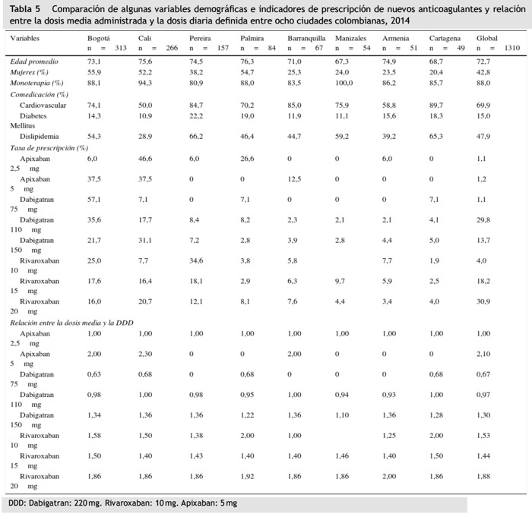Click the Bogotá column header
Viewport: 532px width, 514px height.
(x=99, y=37)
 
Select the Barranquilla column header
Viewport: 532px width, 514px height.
(x=306, y=37)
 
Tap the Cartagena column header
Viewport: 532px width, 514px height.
(x=444, y=37)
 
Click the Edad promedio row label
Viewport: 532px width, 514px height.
(x=34, y=61)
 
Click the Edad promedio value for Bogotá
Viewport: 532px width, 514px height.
(x=94, y=61)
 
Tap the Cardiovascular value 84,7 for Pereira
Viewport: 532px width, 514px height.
(x=196, y=105)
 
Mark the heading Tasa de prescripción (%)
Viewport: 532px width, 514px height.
(x=49, y=147)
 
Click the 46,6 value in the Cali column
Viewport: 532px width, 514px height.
(x=145, y=159)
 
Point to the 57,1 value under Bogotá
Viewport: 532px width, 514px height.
(x=94, y=199)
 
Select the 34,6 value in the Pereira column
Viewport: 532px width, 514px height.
(x=196, y=260)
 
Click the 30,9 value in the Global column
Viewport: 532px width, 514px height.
(x=483, y=301)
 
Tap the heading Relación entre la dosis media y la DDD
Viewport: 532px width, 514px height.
(x=71, y=323)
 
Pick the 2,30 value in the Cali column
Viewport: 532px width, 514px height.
(x=145, y=354)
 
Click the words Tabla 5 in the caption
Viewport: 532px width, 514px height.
(x=26, y=8)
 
